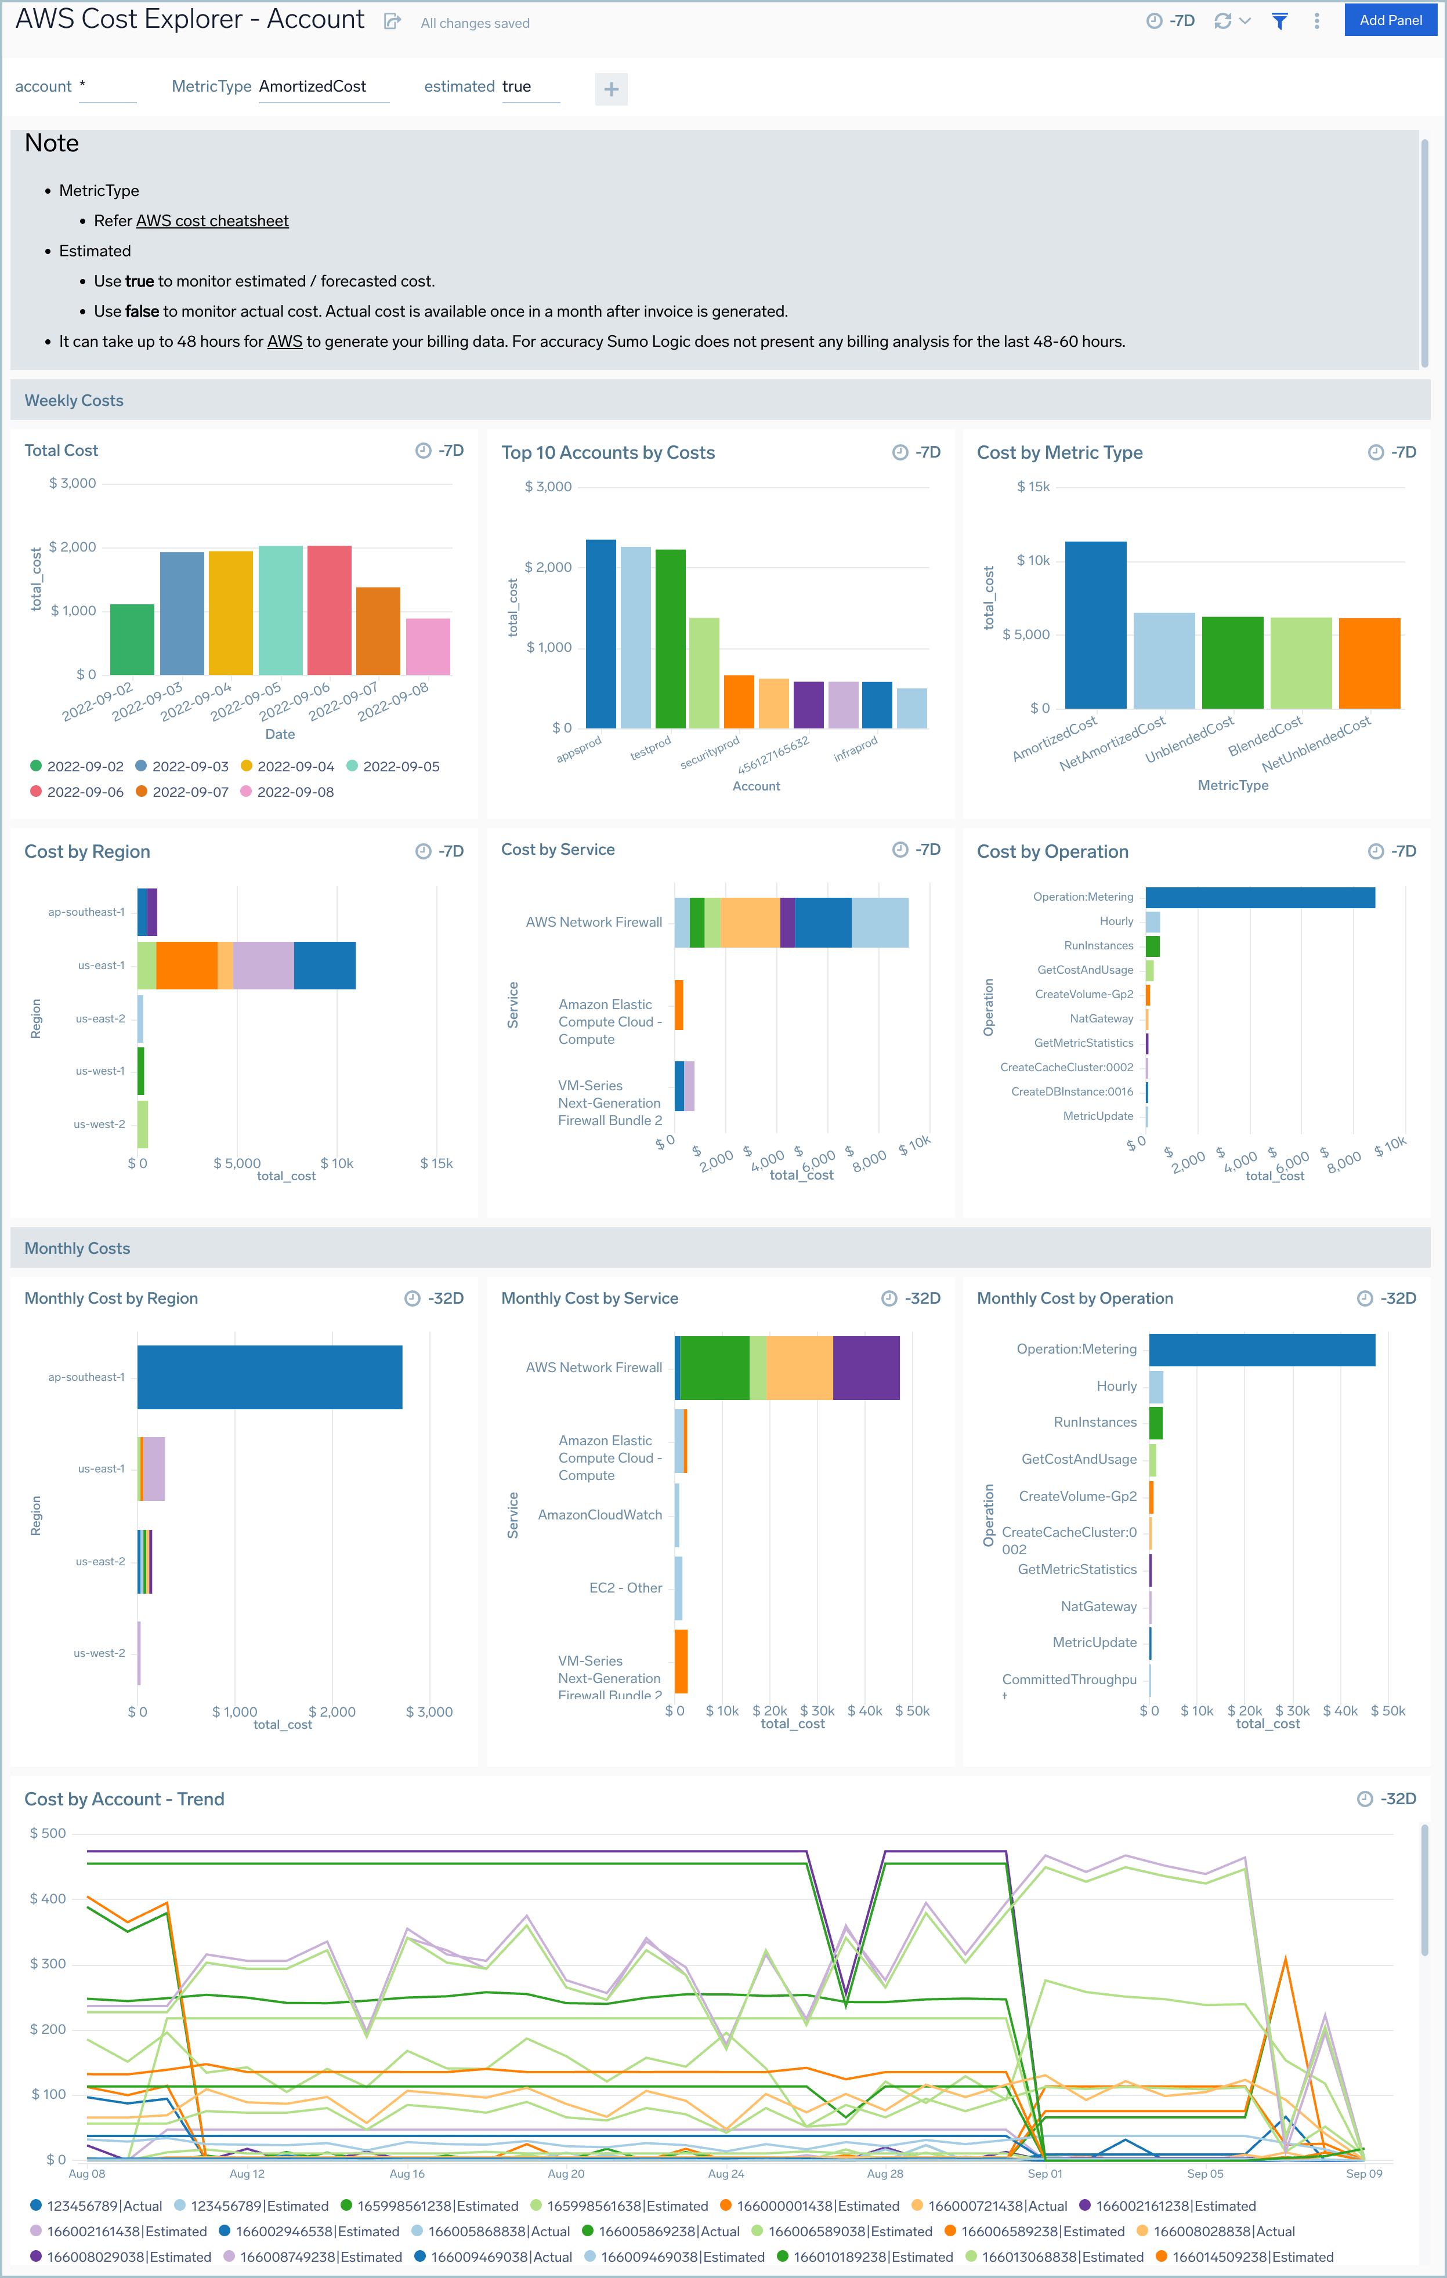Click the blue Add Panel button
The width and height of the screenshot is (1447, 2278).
1390,20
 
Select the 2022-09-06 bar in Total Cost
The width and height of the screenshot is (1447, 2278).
330,610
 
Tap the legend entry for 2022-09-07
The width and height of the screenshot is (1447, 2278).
190,792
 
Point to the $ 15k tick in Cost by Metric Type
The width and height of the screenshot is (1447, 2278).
1033,486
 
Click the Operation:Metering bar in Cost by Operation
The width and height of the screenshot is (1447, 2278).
1260,897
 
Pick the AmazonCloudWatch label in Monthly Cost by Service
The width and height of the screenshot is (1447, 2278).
599,1515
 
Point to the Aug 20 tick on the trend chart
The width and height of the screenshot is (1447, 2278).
566,2173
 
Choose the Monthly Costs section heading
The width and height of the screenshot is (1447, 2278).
77,1248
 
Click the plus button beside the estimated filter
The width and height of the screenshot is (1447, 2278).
612,89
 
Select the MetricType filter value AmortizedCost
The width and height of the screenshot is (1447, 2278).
312,86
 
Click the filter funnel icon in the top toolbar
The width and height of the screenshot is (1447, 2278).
1279,21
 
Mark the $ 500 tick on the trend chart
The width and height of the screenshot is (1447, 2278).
48,1833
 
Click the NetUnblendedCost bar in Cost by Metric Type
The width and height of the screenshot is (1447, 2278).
1369,662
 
